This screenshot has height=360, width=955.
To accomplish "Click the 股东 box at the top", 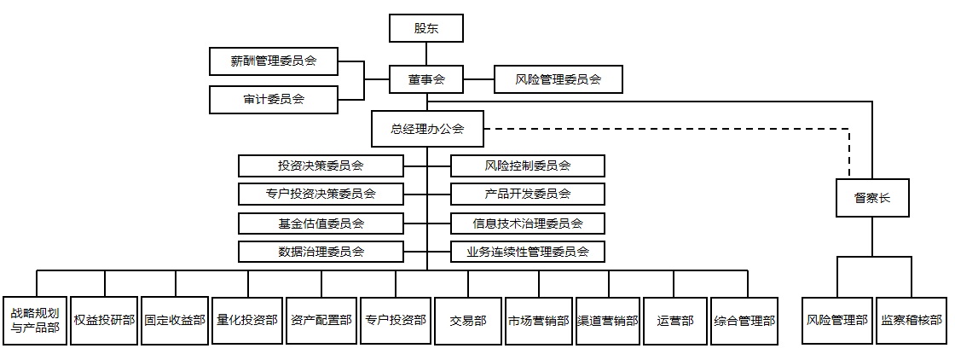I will pyautogui.click(x=426, y=28).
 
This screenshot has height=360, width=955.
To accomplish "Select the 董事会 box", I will pyautogui.click(x=426, y=80).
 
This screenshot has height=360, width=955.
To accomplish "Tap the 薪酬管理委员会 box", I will pyautogui.click(x=274, y=61).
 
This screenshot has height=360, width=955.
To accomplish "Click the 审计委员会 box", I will pyautogui.click(x=274, y=99).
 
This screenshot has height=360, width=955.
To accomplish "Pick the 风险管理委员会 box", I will pyautogui.click(x=558, y=80).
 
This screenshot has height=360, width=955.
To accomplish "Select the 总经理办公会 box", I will pyautogui.click(x=426, y=129).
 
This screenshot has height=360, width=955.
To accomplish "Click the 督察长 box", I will pyautogui.click(x=871, y=200).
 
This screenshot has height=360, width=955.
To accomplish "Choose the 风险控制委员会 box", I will pyautogui.click(x=528, y=165).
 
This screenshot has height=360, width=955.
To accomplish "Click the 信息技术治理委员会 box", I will pyautogui.click(x=528, y=224).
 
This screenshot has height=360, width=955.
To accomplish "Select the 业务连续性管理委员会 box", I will pyautogui.click(x=528, y=252).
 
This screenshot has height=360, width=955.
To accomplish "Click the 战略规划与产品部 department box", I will pyautogui.click(x=35, y=321).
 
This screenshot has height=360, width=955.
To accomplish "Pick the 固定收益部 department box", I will pyautogui.click(x=175, y=321).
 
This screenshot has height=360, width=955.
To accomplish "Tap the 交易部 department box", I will pyautogui.click(x=468, y=321).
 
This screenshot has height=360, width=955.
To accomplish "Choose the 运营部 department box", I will pyautogui.click(x=675, y=321).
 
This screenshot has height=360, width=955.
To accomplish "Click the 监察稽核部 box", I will pyautogui.click(x=912, y=321).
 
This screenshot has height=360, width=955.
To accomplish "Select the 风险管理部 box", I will pyautogui.click(x=836, y=321).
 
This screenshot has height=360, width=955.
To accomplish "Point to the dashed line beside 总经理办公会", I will pyautogui.click(x=665, y=129).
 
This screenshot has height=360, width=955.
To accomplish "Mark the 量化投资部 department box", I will pyautogui.click(x=247, y=321).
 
